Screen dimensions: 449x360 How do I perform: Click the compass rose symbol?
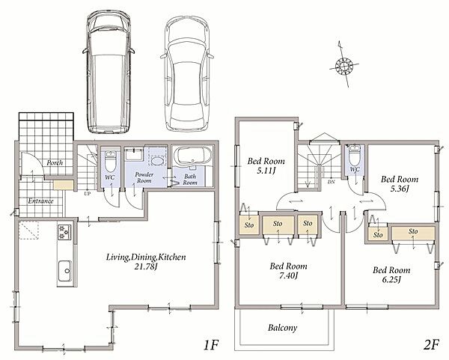coord(343,66)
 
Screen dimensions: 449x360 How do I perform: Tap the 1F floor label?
coord(211,345)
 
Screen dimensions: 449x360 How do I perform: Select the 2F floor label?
coord(431,345)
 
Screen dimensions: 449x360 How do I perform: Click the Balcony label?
coord(282,328)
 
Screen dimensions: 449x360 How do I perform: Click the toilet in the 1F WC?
coord(110,161)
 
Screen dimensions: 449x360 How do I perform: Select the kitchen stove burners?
coord(64,232)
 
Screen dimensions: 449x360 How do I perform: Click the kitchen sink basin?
coord(65,271)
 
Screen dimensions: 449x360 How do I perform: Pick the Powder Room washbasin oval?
coord(157,161)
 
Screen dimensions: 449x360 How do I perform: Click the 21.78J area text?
coord(146,267)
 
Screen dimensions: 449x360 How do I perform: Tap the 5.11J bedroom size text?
coord(266,171)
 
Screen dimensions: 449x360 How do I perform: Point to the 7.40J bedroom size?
coord(288,276)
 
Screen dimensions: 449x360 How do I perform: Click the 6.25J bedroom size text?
coord(391,280)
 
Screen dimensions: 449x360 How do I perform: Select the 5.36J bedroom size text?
coord(399,189)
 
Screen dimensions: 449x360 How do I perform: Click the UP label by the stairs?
coord(87,194)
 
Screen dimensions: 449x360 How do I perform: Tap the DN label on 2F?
coord(331,182)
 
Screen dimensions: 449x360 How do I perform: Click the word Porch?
coord(55,162)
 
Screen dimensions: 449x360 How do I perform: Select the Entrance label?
coord(40,201)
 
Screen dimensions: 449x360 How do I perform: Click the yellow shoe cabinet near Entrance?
coord(64,185)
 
